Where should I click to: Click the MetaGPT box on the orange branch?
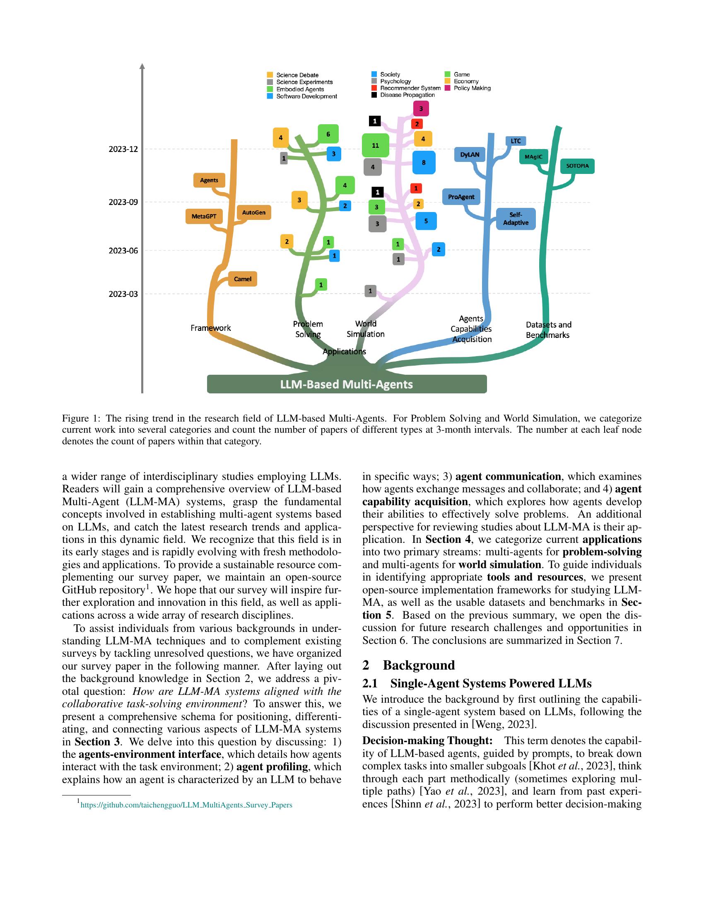tap(204, 217)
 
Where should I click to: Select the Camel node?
tap(242, 279)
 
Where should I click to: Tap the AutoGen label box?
tap(253, 212)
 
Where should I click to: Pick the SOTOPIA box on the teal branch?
tap(577, 166)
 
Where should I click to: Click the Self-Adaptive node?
tap(516, 219)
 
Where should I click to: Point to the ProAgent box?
tap(461, 197)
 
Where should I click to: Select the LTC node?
tap(516, 141)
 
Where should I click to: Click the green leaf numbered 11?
tap(375, 146)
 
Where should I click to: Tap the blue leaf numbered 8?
tap(424, 163)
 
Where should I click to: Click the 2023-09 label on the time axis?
tap(123, 202)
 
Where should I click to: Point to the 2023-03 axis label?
tap(123, 294)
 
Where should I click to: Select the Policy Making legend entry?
tap(472, 88)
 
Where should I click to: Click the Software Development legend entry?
tap(306, 96)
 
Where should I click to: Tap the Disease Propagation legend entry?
tap(407, 95)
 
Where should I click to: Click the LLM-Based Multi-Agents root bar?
tap(347, 384)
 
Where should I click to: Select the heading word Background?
tap(419, 665)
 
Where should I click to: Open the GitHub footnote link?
tap(186, 805)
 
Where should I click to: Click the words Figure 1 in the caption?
tap(79, 418)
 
